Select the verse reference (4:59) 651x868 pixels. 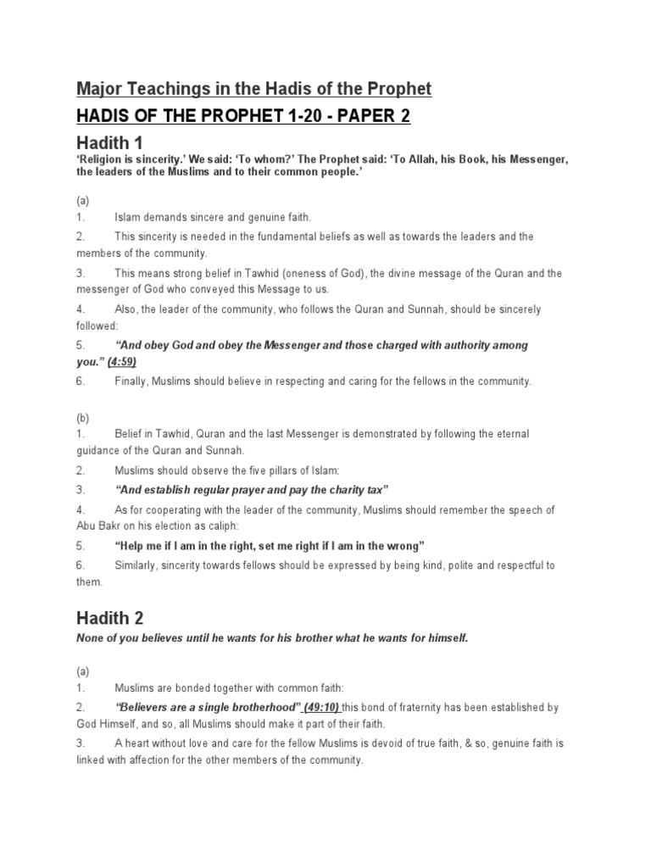tap(122, 361)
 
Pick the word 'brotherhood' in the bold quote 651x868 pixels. tap(263, 707)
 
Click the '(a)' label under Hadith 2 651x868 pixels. tap(83, 670)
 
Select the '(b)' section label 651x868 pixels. tap(83, 417)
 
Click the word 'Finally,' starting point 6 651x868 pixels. tap(134, 381)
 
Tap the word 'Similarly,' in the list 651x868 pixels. tap(139, 565)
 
